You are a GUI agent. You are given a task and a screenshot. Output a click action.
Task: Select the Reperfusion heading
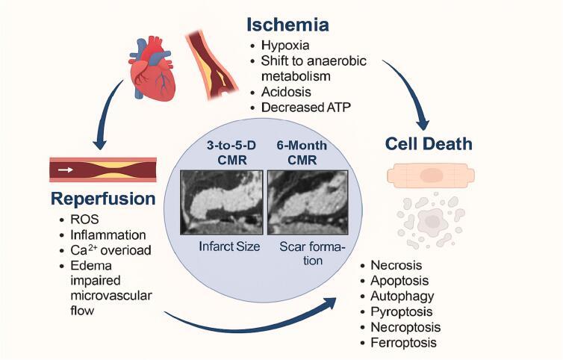click(103, 200)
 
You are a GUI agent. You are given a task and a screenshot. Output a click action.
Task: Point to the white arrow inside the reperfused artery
click(66, 170)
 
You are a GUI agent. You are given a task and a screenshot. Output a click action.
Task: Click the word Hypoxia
click(282, 47)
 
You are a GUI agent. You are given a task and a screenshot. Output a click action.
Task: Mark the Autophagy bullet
click(401, 296)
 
